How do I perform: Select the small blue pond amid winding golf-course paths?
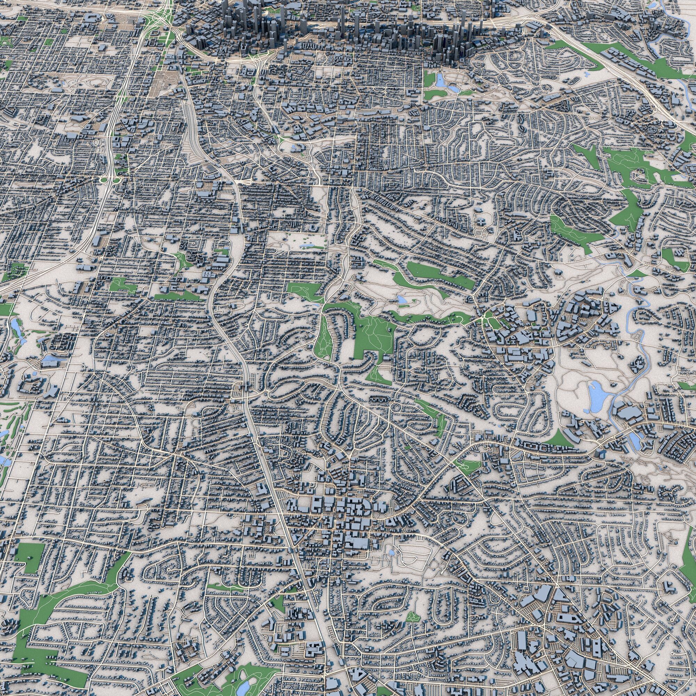tap(401, 299)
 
